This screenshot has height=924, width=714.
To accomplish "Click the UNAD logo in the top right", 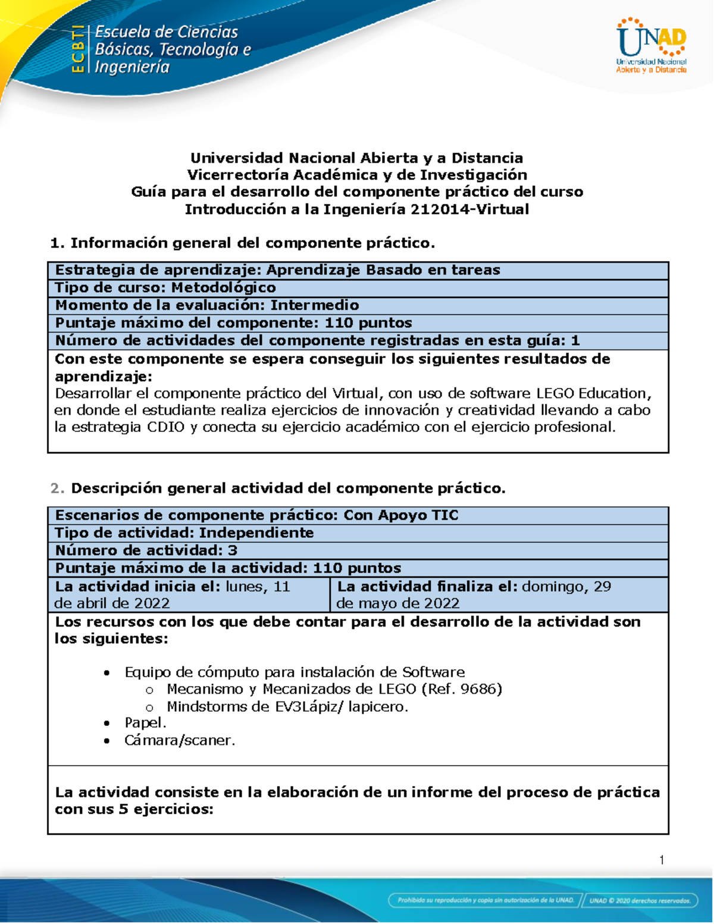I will coord(652,45).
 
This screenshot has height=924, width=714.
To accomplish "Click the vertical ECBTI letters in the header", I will coord(77,49).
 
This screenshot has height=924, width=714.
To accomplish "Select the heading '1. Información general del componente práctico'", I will coord(243,243).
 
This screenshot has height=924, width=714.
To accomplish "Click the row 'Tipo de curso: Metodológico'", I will coord(165,288).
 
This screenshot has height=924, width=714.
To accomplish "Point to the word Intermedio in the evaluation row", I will coord(315,305).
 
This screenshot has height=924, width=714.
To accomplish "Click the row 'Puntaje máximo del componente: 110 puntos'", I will coord(233,323).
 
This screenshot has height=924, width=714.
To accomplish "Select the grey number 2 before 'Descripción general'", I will coord(57,488).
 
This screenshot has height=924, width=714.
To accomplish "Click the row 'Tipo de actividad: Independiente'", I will coord(184,533).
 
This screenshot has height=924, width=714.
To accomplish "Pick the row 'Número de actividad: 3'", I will coord(146,550).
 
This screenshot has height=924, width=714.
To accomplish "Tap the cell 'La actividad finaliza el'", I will coord(499,594).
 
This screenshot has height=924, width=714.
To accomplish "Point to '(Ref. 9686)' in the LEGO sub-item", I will coord(462,689).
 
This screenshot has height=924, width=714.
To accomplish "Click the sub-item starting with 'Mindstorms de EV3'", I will coord(287,707).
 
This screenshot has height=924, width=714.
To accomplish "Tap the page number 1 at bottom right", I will coord(662,860).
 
